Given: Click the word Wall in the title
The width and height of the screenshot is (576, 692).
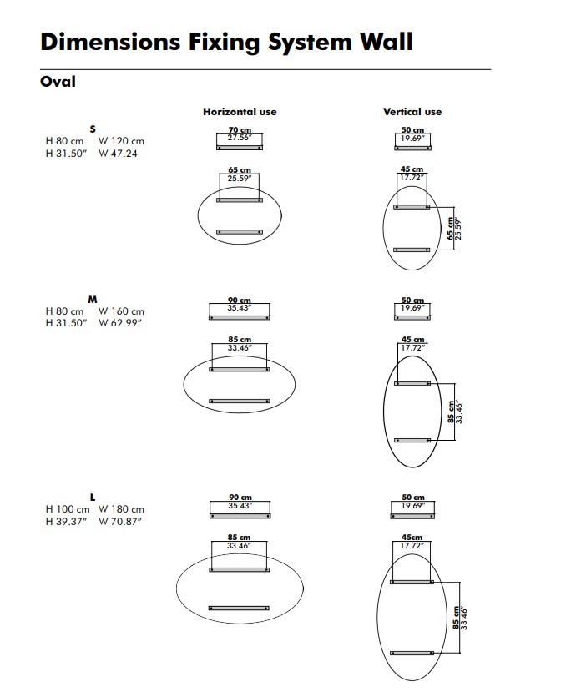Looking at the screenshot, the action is pyautogui.click(x=387, y=42).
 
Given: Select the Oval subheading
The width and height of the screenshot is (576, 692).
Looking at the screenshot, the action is pyautogui.click(x=58, y=82).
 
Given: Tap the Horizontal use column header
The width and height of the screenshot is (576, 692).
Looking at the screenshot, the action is pyautogui.click(x=240, y=112).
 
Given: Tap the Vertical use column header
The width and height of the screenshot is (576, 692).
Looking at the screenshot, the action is pyautogui.click(x=412, y=112).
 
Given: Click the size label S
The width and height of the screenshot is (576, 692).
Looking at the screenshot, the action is pyautogui.click(x=93, y=129).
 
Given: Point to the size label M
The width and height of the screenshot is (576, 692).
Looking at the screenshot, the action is pyautogui.click(x=93, y=299).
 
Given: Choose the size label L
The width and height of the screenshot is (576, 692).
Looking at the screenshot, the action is pyautogui.click(x=93, y=498).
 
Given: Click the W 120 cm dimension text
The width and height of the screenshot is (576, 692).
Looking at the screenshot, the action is pyautogui.click(x=121, y=141).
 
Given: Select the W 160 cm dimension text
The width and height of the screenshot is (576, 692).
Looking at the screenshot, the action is pyautogui.click(x=121, y=311).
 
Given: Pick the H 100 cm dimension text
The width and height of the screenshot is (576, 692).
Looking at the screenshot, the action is pyautogui.click(x=68, y=509).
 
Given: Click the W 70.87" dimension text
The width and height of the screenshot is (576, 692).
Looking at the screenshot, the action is pyautogui.click(x=120, y=521).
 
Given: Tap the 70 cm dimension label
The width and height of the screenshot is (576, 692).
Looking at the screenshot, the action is pyautogui.click(x=240, y=129).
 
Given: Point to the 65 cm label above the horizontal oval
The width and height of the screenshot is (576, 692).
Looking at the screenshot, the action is pyautogui.click(x=240, y=170).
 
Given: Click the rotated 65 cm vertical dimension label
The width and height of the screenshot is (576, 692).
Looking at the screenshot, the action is pyautogui.click(x=450, y=229).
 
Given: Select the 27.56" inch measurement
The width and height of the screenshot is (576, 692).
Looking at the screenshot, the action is pyautogui.click(x=240, y=138).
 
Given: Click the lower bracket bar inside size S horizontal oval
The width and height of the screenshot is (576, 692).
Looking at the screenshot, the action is pyautogui.click(x=240, y=232).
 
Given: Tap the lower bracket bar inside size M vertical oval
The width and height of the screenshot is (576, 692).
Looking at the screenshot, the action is pyautogui.click(x=412, y=440).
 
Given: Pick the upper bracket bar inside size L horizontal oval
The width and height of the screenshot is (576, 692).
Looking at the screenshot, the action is pyautogui.click(x=240, y=570).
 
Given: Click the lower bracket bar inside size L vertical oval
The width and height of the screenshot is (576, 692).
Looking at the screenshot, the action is pyautogui.click(x=412, y=653).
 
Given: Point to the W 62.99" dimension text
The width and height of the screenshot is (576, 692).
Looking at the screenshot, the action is pyautogui.click(x=120, y=323).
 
